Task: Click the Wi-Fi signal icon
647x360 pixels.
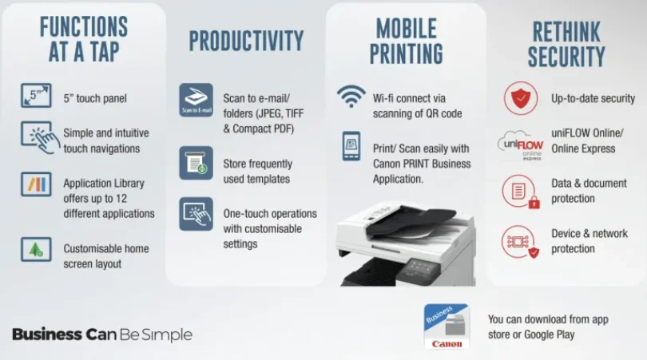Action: pos(351,97)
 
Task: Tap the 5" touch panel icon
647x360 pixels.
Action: pos(36,95)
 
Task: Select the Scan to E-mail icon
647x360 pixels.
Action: pos(196,100)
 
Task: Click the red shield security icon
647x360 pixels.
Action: pos(521,98)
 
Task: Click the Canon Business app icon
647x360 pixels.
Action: pos(447,326)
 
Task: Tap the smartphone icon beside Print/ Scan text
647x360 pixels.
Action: pos(351,146)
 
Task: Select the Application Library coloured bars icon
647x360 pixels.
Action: pos(36,184)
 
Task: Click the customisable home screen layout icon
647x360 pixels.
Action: pos(36,249)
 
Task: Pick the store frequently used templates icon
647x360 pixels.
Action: pos(196,163)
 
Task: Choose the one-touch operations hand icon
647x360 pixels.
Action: pos(196,214)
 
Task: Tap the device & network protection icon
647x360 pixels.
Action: pos(520,242)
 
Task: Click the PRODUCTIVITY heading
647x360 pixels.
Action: pos(246,41)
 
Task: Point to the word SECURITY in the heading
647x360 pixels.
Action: pos(566,57)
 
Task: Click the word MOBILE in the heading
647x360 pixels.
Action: pos(406,29)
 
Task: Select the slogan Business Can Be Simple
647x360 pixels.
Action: pos(102,334)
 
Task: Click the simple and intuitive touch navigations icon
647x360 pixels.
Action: pos(38,138)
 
